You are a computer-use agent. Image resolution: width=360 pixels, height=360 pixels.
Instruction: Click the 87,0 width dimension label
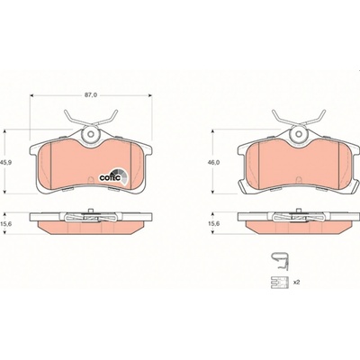click(91, 95)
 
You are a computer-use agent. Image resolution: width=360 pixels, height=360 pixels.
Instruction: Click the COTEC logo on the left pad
click(113, 176)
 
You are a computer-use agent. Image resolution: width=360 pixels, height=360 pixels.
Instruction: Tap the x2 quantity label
click(296, 282)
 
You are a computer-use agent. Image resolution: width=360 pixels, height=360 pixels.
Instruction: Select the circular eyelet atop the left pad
click(91, 134)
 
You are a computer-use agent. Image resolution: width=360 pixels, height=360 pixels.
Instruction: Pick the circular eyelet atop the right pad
click(299, 134)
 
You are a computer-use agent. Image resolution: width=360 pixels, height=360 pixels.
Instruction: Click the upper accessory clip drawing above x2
click(280, 261)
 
